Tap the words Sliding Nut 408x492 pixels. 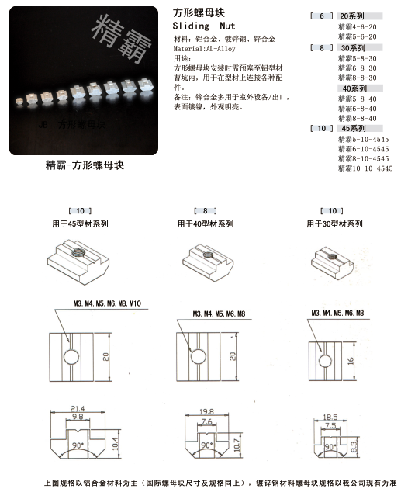[x=200, y=26]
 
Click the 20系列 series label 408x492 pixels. [x=351, y=16]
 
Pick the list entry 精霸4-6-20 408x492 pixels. [x=358, y=26]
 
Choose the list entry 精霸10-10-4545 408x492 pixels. [x=365, y=168]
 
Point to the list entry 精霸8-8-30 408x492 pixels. [x=358, y=78]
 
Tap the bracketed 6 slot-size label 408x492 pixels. [x=321, y=16]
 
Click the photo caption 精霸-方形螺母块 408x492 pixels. [x=85, y=165]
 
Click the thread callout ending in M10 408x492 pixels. [x=109, y=301]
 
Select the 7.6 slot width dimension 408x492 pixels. [x=199, y=423]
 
